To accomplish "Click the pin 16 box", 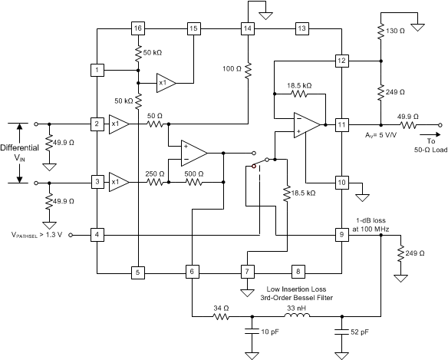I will click(137, 28).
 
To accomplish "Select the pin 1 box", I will click(97, 70).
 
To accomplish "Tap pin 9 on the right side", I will click(341, 233).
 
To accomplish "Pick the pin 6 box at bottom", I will click(192, 272).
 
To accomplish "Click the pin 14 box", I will click(247, 28).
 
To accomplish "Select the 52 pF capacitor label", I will click(361, 332).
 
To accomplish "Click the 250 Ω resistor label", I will click(156, 174).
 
